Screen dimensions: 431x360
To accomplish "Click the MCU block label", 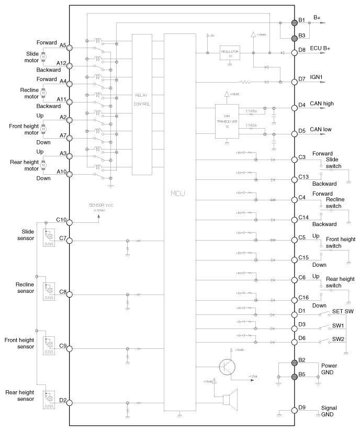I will pos(178,194).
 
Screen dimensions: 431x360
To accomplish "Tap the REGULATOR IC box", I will pos(230,53).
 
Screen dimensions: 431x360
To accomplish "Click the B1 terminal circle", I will pos(295,22).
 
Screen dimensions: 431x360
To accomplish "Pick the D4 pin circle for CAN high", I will pos(295,108).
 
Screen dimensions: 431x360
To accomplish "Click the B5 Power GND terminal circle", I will pos(295,377).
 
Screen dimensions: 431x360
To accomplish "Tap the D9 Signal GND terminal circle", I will pos(295,411).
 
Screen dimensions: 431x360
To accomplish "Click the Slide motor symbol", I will pos(44,56).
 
